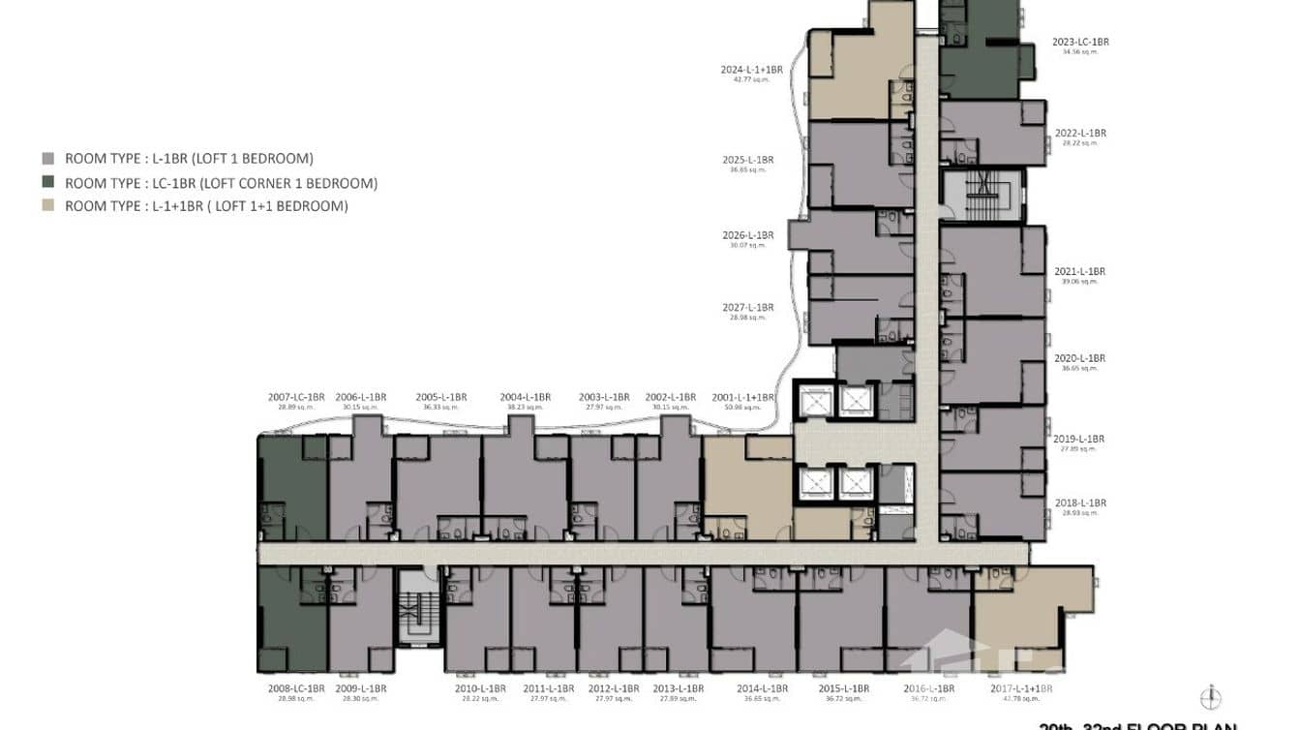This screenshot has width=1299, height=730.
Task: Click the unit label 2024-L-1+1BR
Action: (x=751, y=71)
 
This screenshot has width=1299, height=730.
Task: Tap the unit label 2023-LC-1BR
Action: (x=1080, y=43)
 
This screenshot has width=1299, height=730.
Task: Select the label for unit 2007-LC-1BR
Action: (x=296, y=397)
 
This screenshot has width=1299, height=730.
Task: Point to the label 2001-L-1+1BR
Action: (x=742, y=397)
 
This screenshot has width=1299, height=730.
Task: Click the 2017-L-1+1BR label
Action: (x=1021, y=688)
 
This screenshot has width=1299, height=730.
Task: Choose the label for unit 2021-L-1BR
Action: (x=1079, y=272)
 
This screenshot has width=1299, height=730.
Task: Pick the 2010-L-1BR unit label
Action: (x=480, y=688)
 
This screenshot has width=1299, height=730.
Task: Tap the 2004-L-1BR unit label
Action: (x=526, y=397)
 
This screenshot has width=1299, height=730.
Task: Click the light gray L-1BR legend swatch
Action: (x=48, y=159)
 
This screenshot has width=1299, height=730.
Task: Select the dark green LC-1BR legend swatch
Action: (x=48, y=183)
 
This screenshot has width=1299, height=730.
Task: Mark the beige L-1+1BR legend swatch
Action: (x=48, y=206)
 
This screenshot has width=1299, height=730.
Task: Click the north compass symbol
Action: (x=1211, y=697)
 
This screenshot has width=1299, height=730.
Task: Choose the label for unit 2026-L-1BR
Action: (x=748, y=236)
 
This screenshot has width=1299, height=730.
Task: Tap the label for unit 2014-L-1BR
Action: (x=762, y=688)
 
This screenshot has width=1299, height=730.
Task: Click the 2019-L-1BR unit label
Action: (x=1079, y=440)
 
